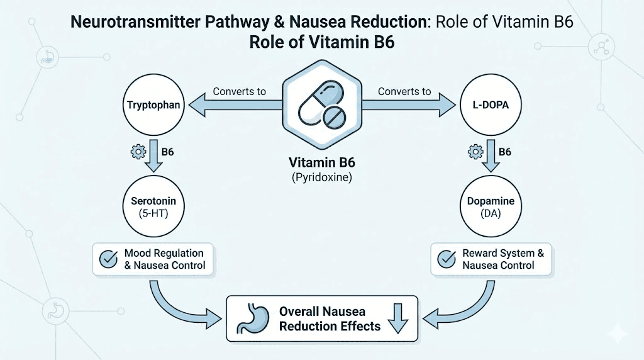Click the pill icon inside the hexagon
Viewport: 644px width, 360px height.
(321, 104)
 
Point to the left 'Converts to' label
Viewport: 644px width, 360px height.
(239, 91)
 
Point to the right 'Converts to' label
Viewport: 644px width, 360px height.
(404, 91)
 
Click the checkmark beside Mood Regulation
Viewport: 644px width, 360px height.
(108, 259)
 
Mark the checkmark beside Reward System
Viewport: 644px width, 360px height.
(447, 259)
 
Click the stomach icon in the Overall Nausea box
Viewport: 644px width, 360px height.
(250, 319)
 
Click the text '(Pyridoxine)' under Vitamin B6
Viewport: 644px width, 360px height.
(322, 178)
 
